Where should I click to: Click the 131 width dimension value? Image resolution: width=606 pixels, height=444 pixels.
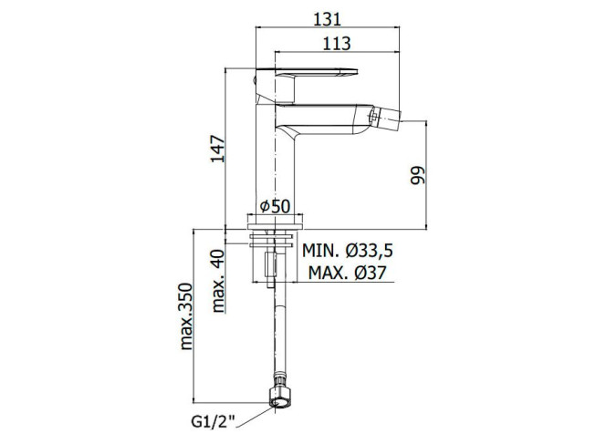pyautogui.click(x=327, y=19)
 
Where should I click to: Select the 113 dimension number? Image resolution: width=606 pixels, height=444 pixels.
pyautogui.click(x=337, y=44)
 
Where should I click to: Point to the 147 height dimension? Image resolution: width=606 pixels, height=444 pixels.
pyautogui.click(x=217, y=149)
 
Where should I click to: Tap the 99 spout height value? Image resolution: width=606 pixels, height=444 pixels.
pyautogui.click(x=417, y=176)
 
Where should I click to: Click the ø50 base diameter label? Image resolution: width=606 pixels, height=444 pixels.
pyautogui.click(x=275, y=207)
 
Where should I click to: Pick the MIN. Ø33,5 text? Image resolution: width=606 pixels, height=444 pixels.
pyautogui.click(x=348, y=251)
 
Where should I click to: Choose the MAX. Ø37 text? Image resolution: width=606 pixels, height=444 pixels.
pyautogui.click(x=347, y=273)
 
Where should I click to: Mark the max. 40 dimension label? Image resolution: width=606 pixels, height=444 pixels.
pyautogui.click(x=218, y=281)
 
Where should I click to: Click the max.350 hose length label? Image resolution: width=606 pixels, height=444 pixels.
pyautogui.click(x=186, y=316)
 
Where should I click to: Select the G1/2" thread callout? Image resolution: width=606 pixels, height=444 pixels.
pyautogui.click(x=213, y=421)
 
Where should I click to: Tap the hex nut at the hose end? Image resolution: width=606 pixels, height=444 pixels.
pyautogui.click(x=279, y=396)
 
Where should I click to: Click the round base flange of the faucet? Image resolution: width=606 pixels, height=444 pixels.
pyautogui.click(x=275, y=222)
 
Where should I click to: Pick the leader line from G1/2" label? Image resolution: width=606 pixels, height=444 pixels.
pyautogui.click(x=256, y=417)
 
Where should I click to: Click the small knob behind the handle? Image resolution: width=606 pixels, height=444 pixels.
pyautogui.click(x=255, y=81)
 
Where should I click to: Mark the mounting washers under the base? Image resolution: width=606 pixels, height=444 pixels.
pyautogui.click(x=272, y=240)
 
